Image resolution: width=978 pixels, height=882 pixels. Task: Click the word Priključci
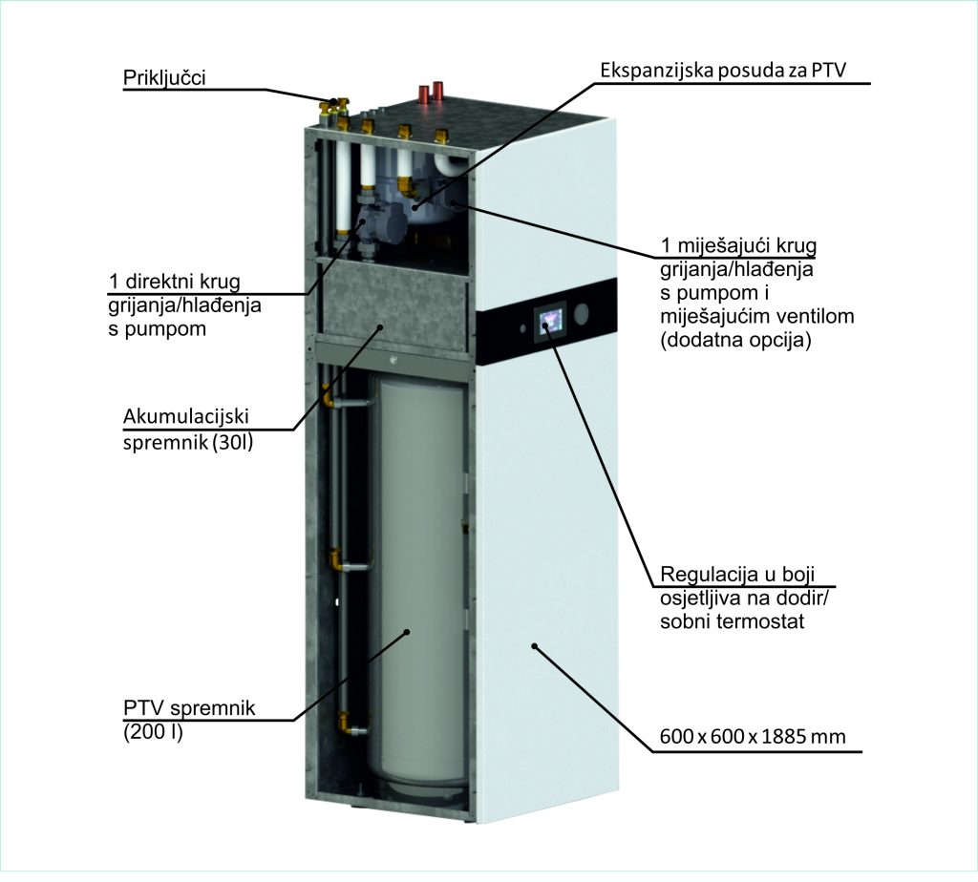click(x=163, y=76)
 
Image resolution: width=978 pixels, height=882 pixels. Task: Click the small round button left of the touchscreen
click(x=522, y=327)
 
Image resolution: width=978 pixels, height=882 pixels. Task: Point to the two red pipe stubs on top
click(x=433, y=93)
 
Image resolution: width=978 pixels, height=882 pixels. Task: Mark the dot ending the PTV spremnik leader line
click(x=407, y=631)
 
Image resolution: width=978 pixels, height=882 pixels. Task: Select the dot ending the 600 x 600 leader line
click(x=534, y=646)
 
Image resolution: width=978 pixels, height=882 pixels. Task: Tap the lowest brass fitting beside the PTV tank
click(x=345, y=725)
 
